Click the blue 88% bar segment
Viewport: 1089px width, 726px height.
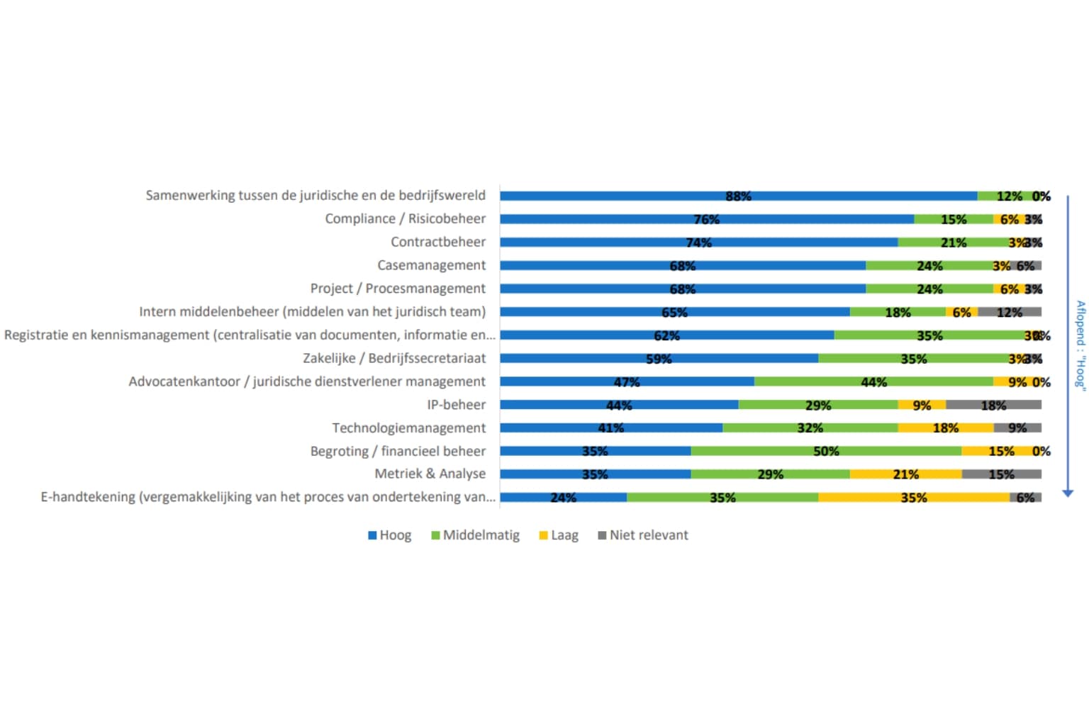[x=737, y=196]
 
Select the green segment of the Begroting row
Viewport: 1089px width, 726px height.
[x=826, y=451]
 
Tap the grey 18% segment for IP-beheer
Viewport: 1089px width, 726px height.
[x=993, y=405]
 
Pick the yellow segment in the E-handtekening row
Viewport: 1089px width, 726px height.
[x=913, y=497]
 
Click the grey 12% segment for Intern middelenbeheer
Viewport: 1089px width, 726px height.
[x=1009, y=312]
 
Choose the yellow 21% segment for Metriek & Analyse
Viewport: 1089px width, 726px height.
[x=905, y=474]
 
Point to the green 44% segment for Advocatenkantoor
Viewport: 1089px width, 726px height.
[x=873, y=381]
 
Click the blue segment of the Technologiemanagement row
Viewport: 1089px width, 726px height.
[x=610, y=428]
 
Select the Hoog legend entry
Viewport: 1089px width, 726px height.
[x=389, y=535]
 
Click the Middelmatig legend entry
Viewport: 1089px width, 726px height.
[x=475, y=535]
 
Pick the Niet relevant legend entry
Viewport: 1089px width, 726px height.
[x=642, y=535]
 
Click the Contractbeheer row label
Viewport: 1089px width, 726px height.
[x=438, y=242]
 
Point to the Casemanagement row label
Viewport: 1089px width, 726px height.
[x=431, y=265]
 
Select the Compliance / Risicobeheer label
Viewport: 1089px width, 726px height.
[x=405, y=218]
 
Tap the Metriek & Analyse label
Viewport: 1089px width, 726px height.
[x=430, y=474]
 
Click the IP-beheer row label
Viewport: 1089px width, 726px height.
[x=456, y=405]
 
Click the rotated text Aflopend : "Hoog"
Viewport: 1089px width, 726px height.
[x=1080, y=344]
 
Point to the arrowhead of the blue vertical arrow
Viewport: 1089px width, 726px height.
[x=1068, y=493]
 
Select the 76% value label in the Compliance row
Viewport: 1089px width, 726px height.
[x=706, y=219]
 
